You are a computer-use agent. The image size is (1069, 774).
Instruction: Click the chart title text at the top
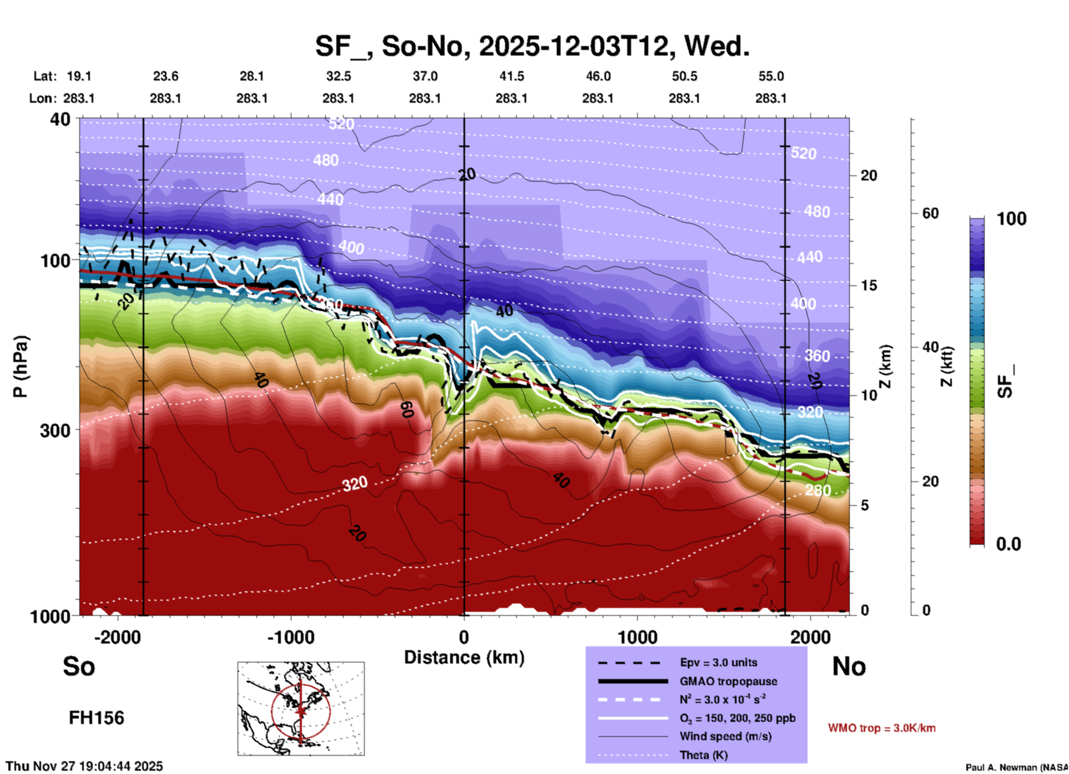click(x=532, y=46)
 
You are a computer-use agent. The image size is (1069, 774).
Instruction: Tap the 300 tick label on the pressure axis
click(x=56, y=430)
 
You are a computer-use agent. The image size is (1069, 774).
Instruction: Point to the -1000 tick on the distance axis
click(x=291, y=637)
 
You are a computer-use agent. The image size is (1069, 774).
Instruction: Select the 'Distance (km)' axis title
click(x=464, y=657)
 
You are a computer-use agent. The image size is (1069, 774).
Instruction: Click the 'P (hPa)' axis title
click(x=21, y=366)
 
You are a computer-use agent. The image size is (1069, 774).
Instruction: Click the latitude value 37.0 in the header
click(x=425, y=76)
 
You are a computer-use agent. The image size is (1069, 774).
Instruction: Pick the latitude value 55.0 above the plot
click(x=771, y=76)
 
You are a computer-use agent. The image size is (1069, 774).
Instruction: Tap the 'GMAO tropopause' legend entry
click(x=728, y=681)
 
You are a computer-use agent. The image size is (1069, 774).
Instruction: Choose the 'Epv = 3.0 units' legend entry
click(x=718, y=662)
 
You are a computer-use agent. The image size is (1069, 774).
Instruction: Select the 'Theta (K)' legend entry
click(x=703, y=755)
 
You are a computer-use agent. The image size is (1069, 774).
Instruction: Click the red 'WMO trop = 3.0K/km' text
click(x=881, y=728)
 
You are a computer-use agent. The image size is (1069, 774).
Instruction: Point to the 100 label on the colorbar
click(x=1011, y=219)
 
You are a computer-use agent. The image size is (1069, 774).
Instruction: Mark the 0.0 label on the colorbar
click(x=1008, y=544)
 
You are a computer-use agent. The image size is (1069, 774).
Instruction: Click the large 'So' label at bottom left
click(x=79, y=666)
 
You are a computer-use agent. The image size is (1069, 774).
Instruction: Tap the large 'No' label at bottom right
click(x=849, y=666)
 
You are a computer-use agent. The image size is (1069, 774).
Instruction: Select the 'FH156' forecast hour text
click(x=97, y=718)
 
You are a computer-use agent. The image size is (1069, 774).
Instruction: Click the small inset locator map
click(x=301, y=708)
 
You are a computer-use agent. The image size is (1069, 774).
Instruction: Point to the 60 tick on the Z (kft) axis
click(x=930, y=213)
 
